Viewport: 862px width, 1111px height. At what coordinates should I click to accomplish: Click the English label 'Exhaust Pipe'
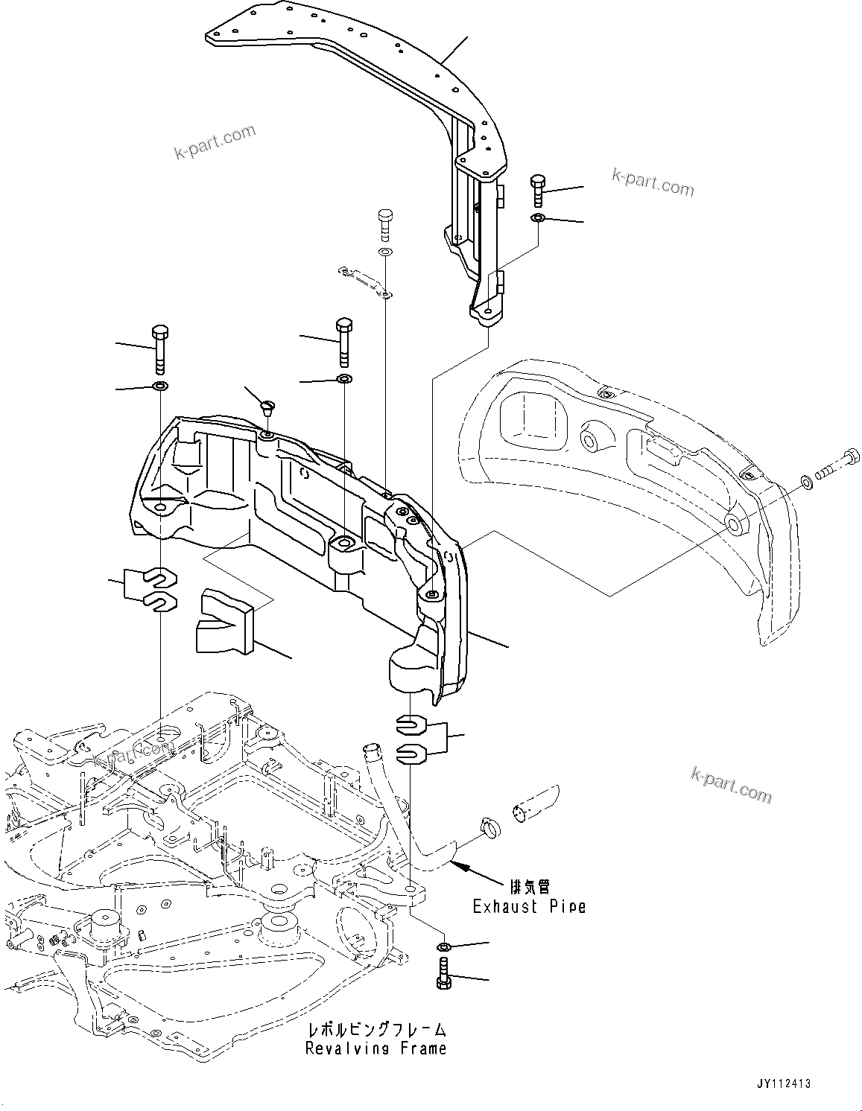(x=529, y=906)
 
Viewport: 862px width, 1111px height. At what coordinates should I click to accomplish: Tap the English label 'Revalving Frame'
(x=375, y=1048)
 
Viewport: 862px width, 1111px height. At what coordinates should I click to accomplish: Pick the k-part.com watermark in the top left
(x=215, y=142)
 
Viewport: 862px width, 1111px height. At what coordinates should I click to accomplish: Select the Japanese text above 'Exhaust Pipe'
(x=530, y=886)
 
